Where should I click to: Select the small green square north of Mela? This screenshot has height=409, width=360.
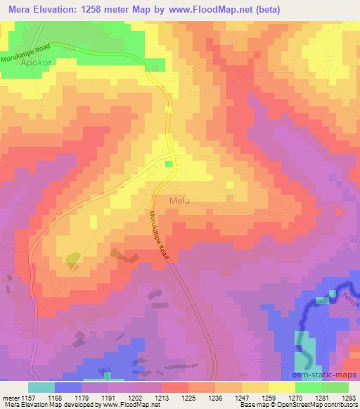168,164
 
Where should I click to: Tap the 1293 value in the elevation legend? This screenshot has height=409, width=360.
347,396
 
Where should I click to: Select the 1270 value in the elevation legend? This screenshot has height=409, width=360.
296,396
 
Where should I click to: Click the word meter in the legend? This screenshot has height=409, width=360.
10,396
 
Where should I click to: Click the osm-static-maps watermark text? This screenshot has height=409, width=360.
326,377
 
